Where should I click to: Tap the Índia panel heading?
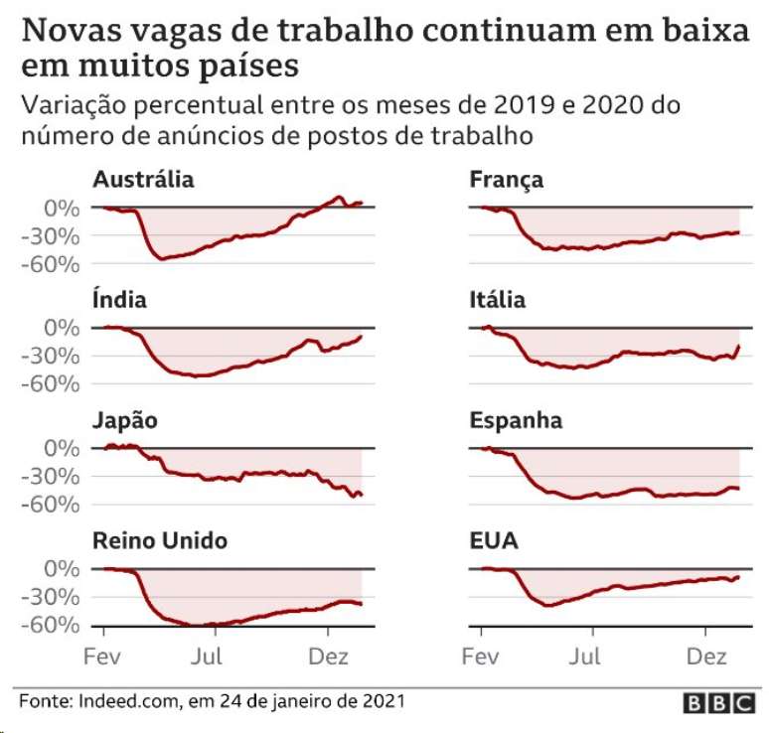119,299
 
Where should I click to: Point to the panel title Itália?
498,299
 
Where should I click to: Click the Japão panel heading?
124,420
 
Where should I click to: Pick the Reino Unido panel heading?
160,540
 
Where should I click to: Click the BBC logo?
718,703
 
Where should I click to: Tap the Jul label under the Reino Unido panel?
209,657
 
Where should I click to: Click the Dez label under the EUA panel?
705,657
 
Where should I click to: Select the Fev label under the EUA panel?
480,657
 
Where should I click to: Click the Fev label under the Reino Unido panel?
102,657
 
